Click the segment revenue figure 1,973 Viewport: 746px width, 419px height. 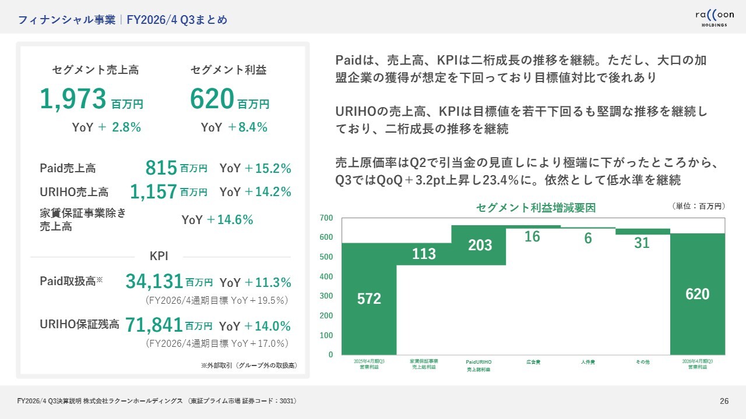(73, 99)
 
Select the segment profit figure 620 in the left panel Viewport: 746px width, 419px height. (212, 99)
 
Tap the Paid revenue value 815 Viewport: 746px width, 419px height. (161, 169)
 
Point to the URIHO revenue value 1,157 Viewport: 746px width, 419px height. (153, 191)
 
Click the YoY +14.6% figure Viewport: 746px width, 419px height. (217, 220)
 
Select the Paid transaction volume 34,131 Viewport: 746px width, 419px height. (154, 282)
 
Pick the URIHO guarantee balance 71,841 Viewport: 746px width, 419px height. (154, 326)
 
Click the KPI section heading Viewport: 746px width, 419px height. (159, 255)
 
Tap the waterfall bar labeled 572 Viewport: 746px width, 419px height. (369, 299)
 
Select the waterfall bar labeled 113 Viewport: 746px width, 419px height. (424, 254)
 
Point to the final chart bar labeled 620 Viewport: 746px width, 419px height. (698, 294)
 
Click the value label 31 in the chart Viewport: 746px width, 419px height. (642, 243)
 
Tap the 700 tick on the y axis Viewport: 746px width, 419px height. (326, 218)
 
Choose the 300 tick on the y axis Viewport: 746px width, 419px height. (326, 296)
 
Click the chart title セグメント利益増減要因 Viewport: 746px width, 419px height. (536, 208)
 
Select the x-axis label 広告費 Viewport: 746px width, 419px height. (533, 362)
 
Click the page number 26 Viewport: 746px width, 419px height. (724, 401)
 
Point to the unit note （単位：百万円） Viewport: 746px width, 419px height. (698, 206)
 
